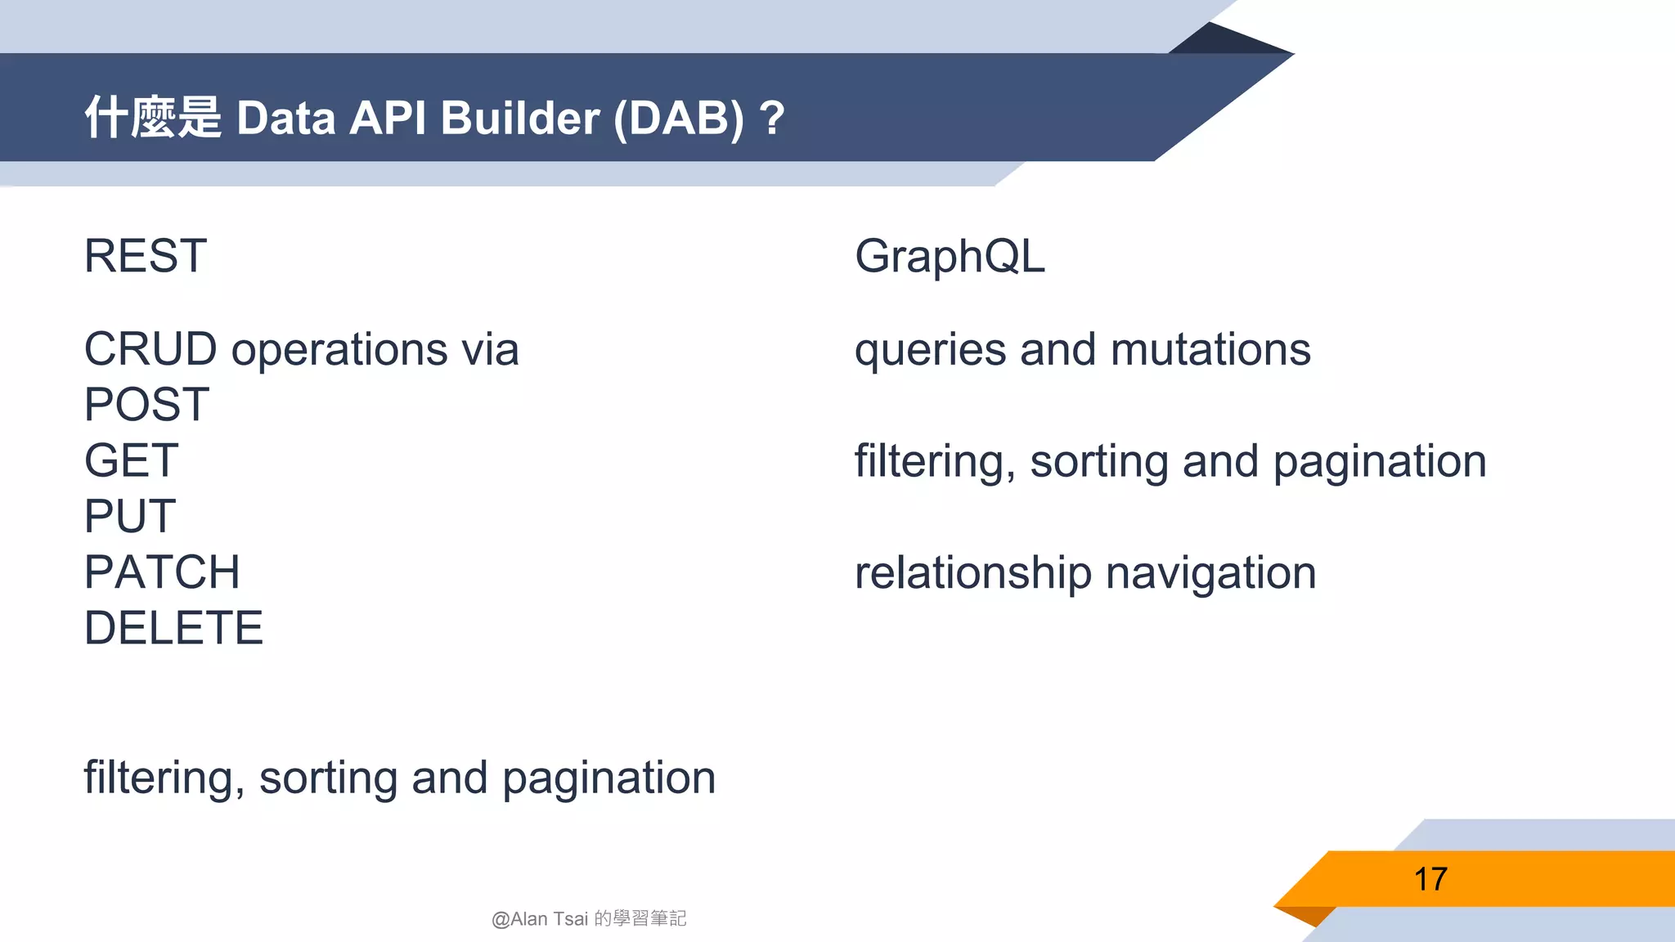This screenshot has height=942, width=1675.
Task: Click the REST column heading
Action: (x=146, y=256)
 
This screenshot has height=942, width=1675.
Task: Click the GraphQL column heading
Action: (x=950, y=256)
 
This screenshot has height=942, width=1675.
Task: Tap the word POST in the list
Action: (x=147, y=405)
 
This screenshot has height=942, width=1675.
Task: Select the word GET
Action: (x=131, y=460)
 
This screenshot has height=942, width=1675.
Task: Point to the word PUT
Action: (x=130, y=516)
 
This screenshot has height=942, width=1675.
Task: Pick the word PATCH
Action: (x=162, y=572)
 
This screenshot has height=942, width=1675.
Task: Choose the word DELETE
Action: (x=173, y=628)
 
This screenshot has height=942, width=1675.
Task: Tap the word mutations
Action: (x=1210, y=349)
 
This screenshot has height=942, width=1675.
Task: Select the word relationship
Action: (x=972, y=573)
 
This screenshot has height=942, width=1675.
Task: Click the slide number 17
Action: (x=1430, y=879)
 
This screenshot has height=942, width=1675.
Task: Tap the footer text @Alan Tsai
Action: (x=540, y=919)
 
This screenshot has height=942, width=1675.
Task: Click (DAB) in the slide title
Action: (x=679, y=119)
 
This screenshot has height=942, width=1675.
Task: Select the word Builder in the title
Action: (x=520, y=119)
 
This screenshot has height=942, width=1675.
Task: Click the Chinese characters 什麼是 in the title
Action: (x=153, y=117)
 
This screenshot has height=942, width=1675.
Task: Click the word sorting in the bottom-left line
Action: (x=327, y=778)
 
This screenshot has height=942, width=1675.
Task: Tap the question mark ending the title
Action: (x=771, y=119)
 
